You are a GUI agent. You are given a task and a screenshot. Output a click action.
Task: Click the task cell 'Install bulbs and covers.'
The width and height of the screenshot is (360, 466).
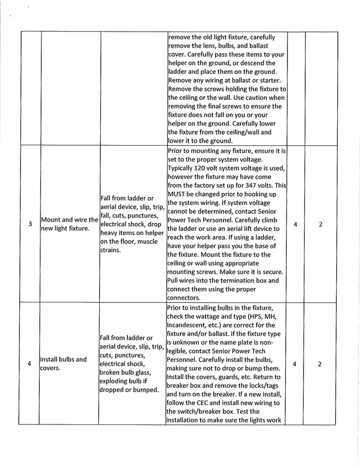click(63, 363)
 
